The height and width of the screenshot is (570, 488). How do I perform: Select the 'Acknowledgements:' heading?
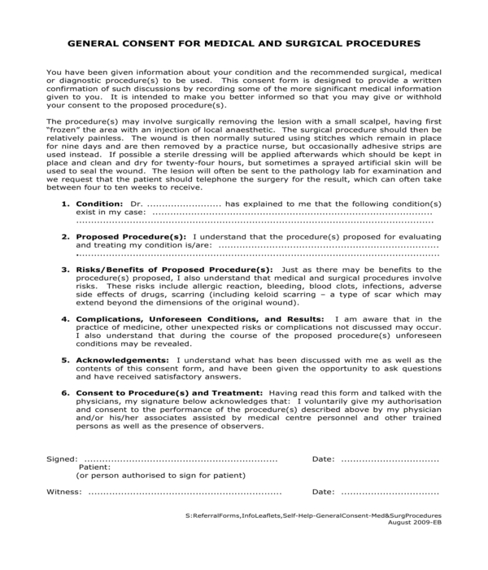(x=123, y=361)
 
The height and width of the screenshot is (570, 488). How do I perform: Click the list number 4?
(x=65, y=319)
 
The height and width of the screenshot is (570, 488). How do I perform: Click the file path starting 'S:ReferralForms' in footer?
(x=313, y=516)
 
